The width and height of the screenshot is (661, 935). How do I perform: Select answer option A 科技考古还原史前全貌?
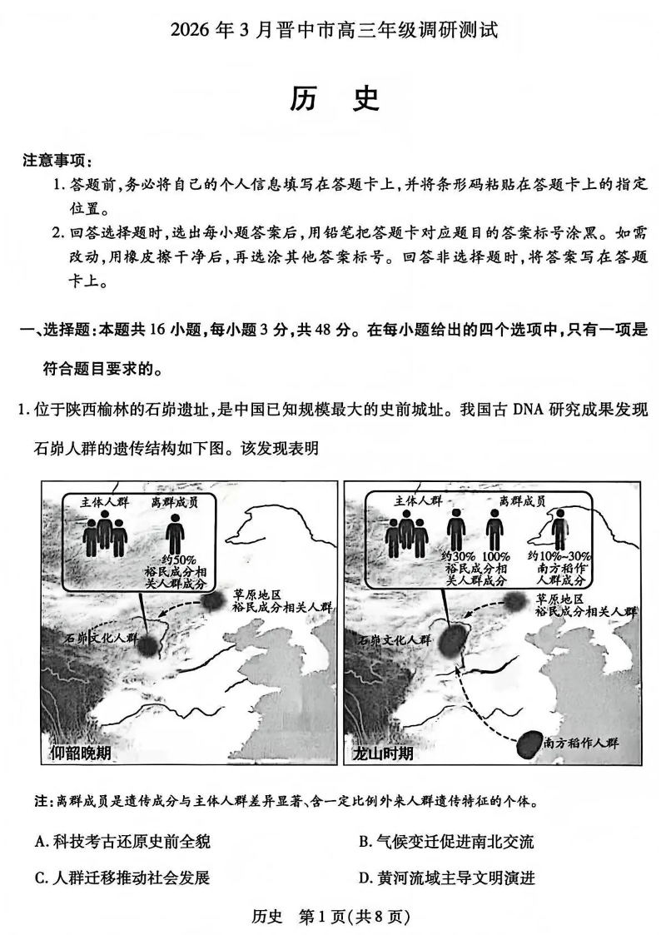coord(122,841)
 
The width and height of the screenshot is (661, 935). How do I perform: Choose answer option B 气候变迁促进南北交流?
coord(445,841)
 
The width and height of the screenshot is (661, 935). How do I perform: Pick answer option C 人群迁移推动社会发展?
coord(122,877)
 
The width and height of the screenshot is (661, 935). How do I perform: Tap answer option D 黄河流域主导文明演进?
coord(445,877)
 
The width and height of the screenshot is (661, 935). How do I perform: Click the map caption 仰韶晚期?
coord(79,753)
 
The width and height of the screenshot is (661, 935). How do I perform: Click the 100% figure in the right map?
coord(495,555)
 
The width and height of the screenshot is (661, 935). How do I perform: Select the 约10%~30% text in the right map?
coord(559,555)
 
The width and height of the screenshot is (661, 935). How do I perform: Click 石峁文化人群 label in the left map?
coord(98,639)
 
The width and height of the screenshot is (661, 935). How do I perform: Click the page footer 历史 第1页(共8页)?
coord(330,917)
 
